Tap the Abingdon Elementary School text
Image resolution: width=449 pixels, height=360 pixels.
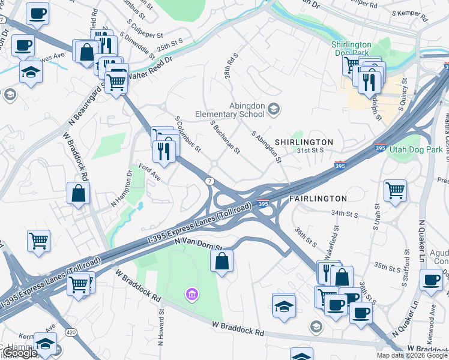(230, 110)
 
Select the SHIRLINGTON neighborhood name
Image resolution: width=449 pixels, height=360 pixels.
(303, 142)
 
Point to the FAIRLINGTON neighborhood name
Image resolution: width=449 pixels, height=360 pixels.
(318, 198)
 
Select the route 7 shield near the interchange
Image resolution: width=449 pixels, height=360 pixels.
(209, 181)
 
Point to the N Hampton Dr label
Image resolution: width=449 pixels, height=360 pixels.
(121, 190)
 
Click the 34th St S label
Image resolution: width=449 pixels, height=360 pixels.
(345, 214)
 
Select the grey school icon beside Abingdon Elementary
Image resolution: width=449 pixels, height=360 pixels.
(274, 109)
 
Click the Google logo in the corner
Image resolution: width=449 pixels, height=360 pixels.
(19, 353)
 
